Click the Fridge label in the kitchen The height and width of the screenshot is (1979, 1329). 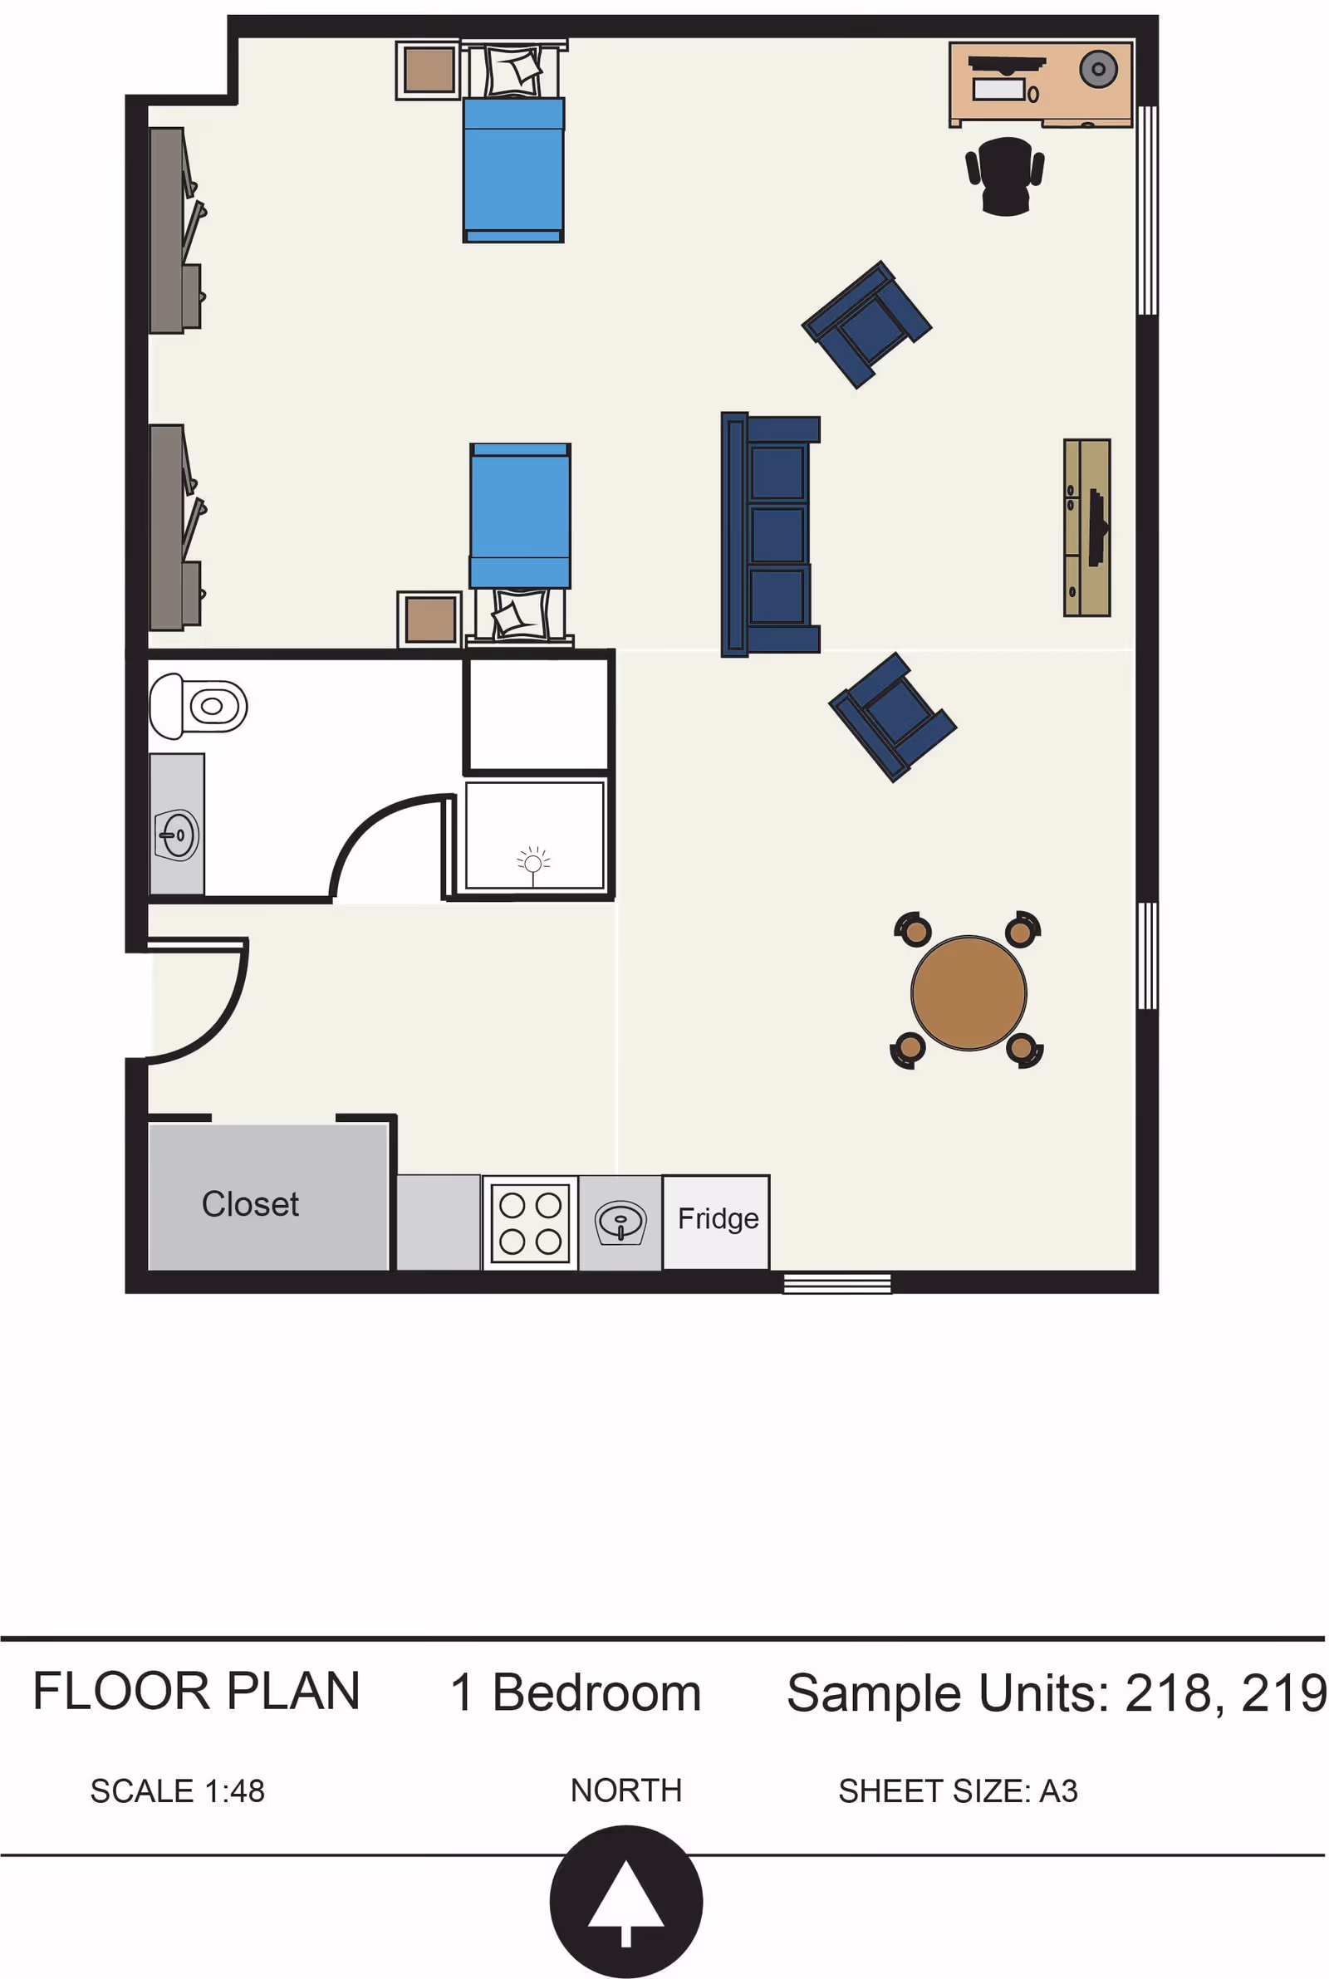point(718,1218)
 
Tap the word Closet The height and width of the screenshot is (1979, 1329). point(250,1204)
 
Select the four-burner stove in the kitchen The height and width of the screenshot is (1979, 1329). point(531,1222)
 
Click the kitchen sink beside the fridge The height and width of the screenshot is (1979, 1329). point(620,1223)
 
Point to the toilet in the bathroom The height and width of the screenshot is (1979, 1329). point(198,706)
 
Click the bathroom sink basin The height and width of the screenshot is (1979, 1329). point(177,835)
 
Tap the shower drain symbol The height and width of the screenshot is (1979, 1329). point(533,864)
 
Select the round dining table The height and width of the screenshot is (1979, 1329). point(969,993)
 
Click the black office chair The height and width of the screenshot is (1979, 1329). point(1005,176)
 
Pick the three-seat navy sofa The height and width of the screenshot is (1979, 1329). point(771,535)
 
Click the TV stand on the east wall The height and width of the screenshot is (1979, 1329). point(1087,527)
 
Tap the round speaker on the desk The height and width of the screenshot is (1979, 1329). point(1098,70)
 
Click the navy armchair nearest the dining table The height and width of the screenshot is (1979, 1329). point(892,717)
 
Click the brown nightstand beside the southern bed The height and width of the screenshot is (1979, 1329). point(429,620)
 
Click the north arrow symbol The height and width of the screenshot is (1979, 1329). point(626,1902)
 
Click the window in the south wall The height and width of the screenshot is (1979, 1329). point(837,1283)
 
